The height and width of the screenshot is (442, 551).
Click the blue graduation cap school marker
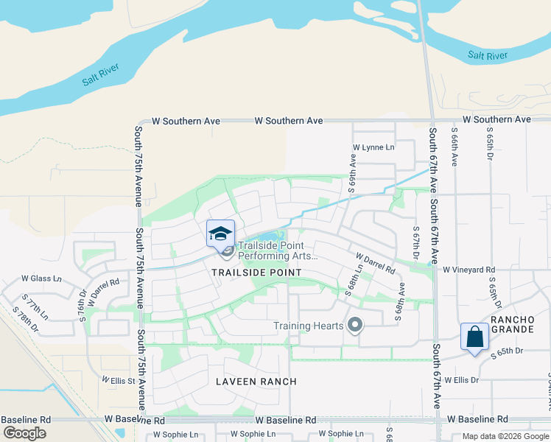[220, 234]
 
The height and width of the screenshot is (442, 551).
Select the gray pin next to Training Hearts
[356, 325]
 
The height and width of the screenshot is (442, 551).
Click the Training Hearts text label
[309, 326]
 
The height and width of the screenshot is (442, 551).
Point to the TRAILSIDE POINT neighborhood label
[256, 273]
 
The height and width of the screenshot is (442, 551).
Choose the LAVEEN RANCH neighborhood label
[256, 382]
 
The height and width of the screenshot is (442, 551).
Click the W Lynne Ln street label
[373, 148]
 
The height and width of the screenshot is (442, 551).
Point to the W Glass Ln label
[41, 278]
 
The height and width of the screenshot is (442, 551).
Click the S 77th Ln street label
[35, 306]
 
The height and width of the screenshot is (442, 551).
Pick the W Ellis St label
[119, 381]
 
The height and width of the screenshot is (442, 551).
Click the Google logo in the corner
[24, 434]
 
